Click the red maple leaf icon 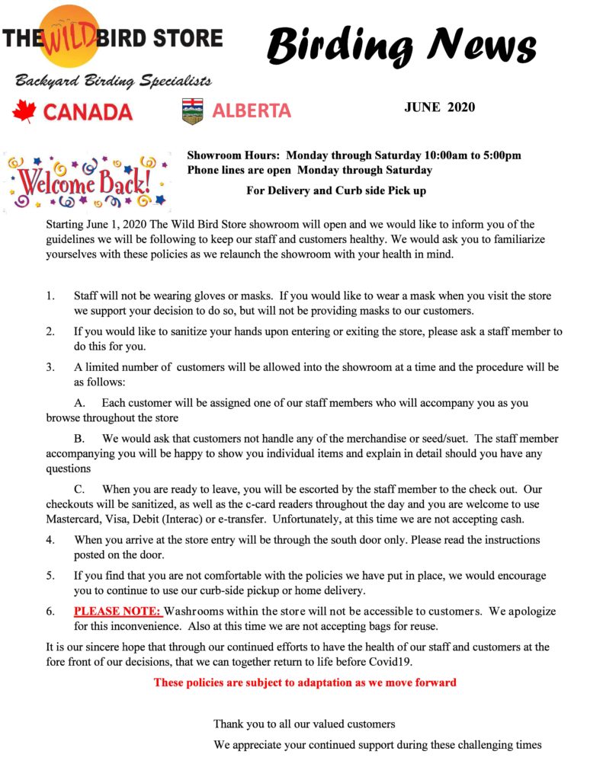tap(24, 111)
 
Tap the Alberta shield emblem tap(193, 111)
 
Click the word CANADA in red tap(88, 112)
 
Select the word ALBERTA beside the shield tap(252, 110)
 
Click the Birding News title tap(401, 45)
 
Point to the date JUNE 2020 tap(439, 107)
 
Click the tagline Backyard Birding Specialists tap(112, 81)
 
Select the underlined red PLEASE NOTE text tap(117, 612)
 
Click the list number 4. tap(50, 540)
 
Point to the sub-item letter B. tap(79, 440)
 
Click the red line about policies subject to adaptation tap(304, 682)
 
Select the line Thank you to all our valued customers tap(304, 724)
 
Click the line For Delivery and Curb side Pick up tap(336, 190)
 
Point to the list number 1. tap(50, 296)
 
